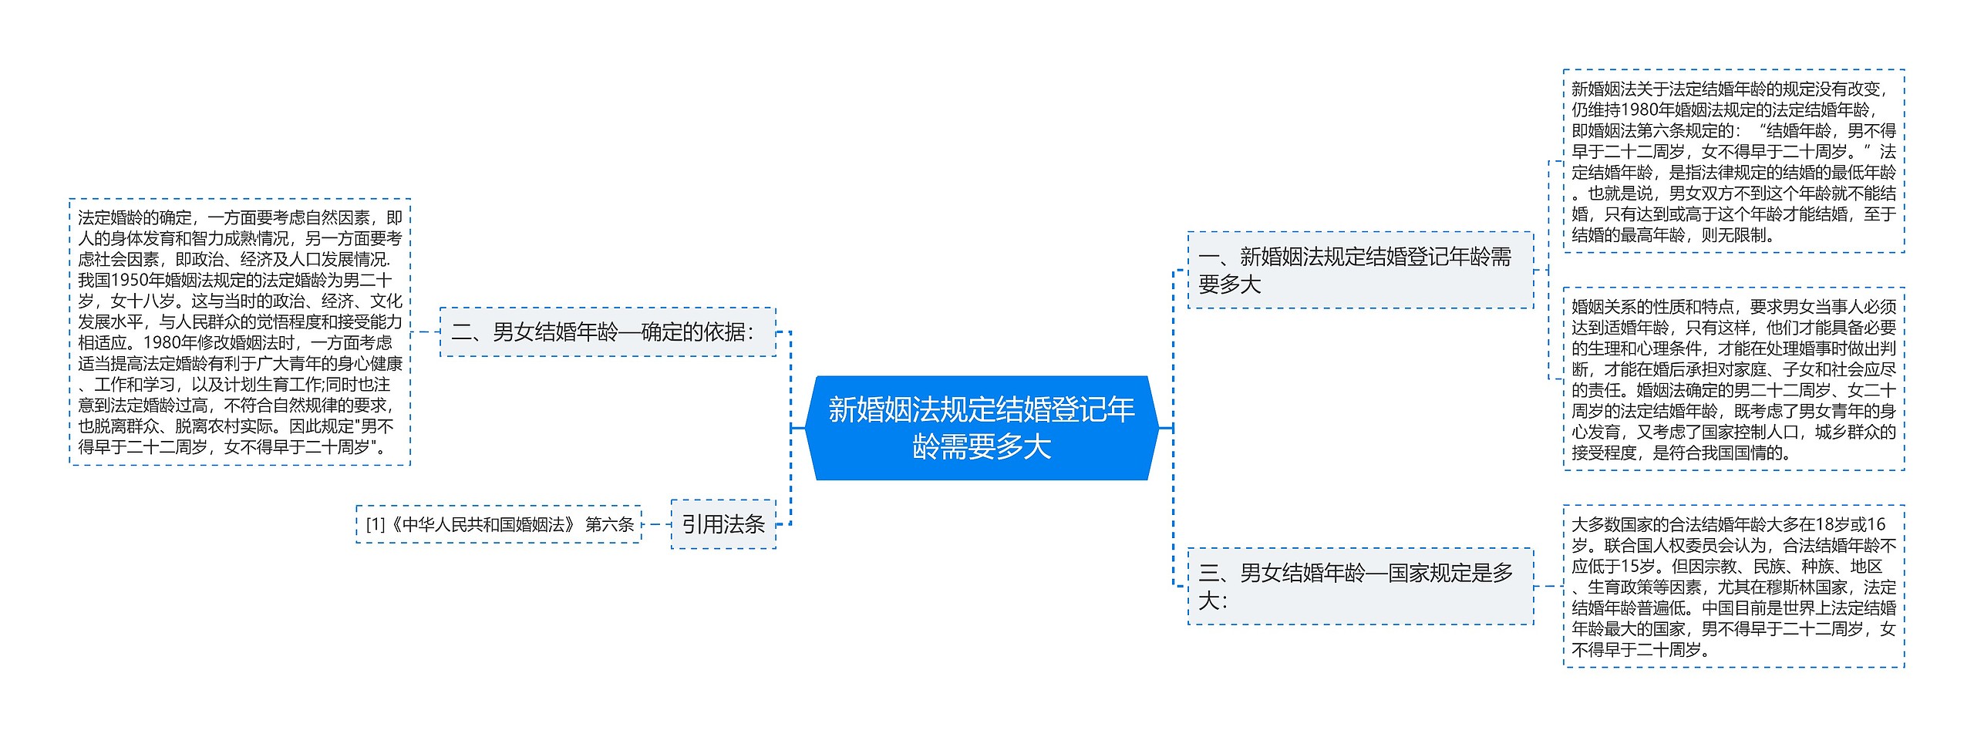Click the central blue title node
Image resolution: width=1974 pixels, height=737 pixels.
coord(981,428)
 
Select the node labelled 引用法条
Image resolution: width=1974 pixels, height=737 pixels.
coord(723,524)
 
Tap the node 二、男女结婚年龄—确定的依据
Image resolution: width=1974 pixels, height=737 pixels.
coord(607,332)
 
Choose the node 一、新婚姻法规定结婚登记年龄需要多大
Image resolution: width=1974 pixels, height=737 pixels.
coord(1359,270)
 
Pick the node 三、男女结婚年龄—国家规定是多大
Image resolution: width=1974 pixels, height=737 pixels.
coord(1359,586)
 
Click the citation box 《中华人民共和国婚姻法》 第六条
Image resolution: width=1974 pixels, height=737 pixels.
coord(499,524)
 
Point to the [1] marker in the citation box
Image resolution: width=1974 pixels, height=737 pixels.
coord(376,525)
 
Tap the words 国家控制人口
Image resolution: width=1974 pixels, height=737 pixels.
coord(1749,432)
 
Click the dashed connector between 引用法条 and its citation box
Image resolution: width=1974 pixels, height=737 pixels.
coord(656,524)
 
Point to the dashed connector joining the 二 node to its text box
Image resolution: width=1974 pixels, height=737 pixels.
coord(425,332)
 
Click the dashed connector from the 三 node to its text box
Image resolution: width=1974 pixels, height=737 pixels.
coord(1548,586)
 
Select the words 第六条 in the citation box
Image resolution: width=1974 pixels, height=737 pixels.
coord(609,525)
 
